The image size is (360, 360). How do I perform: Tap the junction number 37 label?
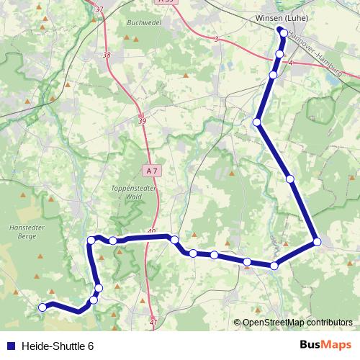(x=99, y=9)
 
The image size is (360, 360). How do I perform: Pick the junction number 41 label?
(x=153, y=323)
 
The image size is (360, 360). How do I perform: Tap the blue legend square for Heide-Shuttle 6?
(x=9, y=346)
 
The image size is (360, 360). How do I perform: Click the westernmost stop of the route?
(x=42, y=307)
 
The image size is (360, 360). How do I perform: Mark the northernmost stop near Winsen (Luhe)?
(x=284, y=32)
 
